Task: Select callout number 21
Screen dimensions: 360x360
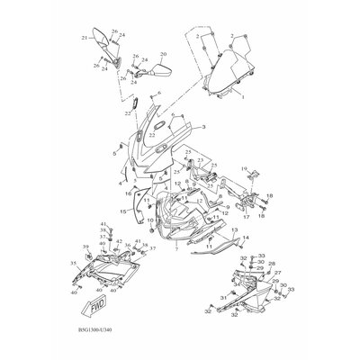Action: point(85,38)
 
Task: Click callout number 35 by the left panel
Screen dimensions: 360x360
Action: point(73,263)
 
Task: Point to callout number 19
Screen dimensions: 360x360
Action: point(243,168)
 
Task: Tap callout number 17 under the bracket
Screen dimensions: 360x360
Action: point(246,217)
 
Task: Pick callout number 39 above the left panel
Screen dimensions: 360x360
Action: point(86,246)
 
